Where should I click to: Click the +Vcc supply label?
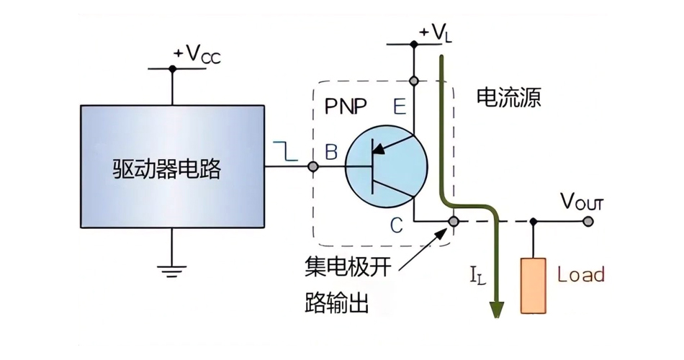[x=196, y=55]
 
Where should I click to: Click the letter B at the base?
[x=331, y=152]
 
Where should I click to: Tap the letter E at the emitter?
[x=400, y=107]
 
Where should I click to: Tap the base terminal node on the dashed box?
[x=313, y=167]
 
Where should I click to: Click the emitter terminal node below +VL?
[x=414, y=81]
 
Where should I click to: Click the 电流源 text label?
[x=508, y=99]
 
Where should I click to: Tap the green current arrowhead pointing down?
[x=496, y=308]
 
